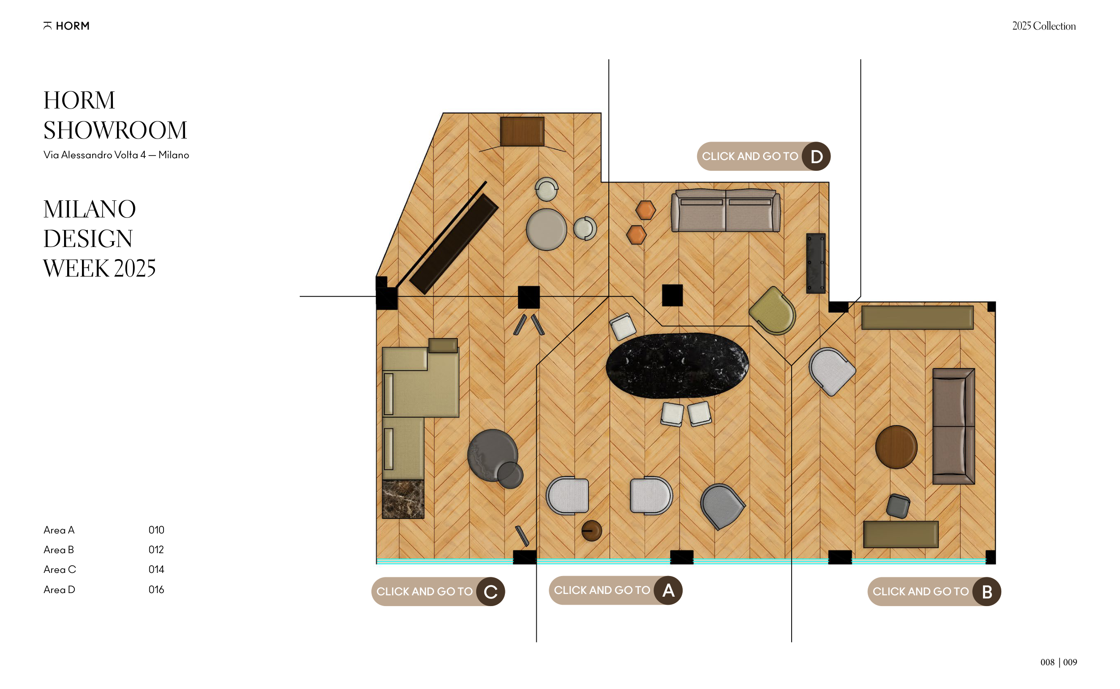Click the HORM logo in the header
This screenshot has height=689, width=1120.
coord(66,26)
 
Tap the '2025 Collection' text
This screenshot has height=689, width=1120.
coord(1044,26)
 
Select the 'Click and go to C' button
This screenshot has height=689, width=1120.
coord(438,591)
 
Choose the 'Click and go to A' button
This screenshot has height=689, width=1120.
coord(616,590)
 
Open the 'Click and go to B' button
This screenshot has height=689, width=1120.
coord(934,591)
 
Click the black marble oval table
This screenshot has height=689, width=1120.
coord(677,365)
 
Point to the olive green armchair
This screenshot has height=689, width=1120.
coord(773,311)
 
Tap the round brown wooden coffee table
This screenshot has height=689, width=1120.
coord(896,447)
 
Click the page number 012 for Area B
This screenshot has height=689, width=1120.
coord(156,550)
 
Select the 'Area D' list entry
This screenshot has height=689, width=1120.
coord(59,589)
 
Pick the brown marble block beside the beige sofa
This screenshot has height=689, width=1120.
coord(403,499)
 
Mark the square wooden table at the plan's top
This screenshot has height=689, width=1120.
coord(522,132)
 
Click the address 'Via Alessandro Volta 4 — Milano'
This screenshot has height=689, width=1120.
coord(116,155)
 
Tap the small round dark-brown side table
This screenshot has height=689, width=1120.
coord(592,531)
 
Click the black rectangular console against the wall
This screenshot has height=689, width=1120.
coord(816,264)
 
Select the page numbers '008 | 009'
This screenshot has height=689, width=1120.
coord(1059,662)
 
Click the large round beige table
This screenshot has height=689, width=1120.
coord(547,230)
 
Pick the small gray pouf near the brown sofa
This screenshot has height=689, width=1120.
coord(898,506)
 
